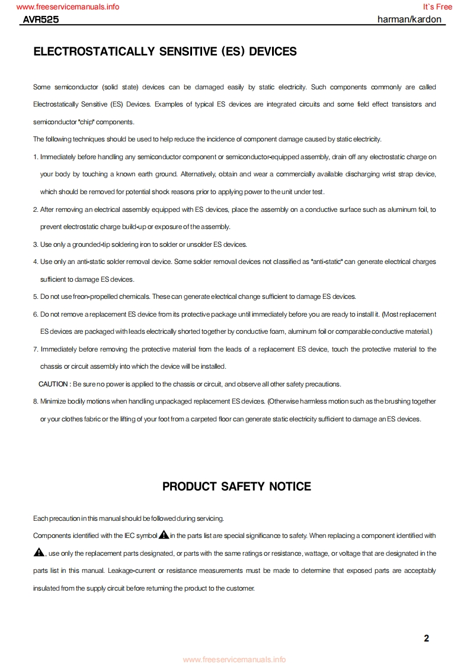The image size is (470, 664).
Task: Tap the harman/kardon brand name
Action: point(409,19)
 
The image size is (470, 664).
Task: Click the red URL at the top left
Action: point(68,7)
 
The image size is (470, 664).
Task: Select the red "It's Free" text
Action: point(437,7)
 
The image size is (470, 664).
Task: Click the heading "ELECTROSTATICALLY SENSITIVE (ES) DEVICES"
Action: point(165,51)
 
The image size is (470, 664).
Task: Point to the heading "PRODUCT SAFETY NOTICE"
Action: point(236,486)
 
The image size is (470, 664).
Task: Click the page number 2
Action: point(427,638)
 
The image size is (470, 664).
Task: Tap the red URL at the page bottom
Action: point(234,659)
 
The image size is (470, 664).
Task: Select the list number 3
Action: point(36,244)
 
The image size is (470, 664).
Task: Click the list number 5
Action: point(36,296)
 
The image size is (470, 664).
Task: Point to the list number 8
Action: point(36,401)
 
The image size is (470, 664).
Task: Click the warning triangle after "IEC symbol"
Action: point(164,535)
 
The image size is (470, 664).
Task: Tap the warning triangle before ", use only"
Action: point(39,553)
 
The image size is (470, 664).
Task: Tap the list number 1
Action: point(36,157)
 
